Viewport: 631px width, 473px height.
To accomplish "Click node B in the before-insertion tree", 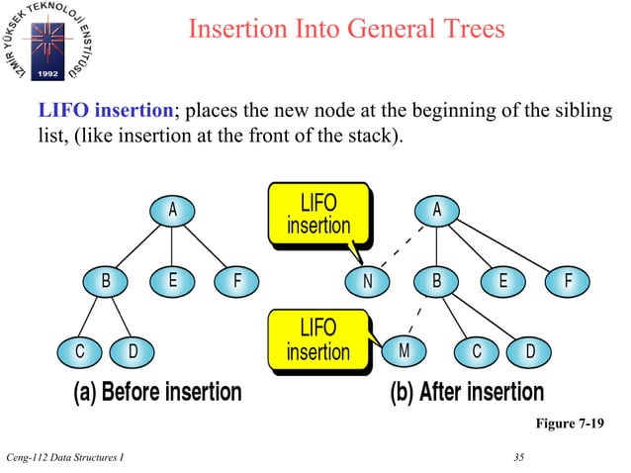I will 106,280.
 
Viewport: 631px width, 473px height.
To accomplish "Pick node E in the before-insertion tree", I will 172,280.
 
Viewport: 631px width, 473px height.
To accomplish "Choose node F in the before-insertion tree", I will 237,280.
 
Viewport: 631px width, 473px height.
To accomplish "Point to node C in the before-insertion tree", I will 78,350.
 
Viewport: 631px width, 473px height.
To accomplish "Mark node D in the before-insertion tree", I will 133,350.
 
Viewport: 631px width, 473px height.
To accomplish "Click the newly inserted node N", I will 368,280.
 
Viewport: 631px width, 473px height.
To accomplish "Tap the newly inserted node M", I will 405,350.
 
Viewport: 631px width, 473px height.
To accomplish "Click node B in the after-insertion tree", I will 436,280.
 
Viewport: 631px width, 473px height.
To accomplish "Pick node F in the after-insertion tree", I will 568,280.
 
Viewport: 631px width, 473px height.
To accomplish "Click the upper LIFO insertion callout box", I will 318,213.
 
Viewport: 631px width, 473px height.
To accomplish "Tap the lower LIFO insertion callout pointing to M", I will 318,338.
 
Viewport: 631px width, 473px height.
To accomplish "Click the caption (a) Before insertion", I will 157,392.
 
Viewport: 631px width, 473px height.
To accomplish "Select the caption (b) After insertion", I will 467,392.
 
